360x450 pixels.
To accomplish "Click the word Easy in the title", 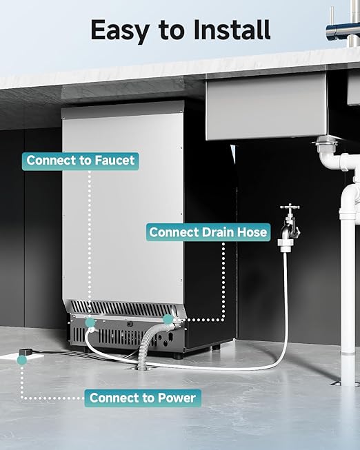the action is [x=120, y=30].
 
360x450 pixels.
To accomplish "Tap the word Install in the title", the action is [x=232, y=29].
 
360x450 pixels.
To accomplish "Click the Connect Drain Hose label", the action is [x=208, y=232].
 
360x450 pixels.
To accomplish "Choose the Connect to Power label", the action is [x=143, y=398].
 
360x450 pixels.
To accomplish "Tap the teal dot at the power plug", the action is [x=22, y=360].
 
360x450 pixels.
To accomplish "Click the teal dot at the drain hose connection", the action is [x=168, y=320].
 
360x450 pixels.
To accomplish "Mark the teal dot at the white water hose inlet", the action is [x=90, y=323].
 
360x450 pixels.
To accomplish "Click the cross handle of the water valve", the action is [x=290, y=207].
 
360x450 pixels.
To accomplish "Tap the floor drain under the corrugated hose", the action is [x=141, y=367].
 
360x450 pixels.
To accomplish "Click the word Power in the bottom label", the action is [x=177, y=398].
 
